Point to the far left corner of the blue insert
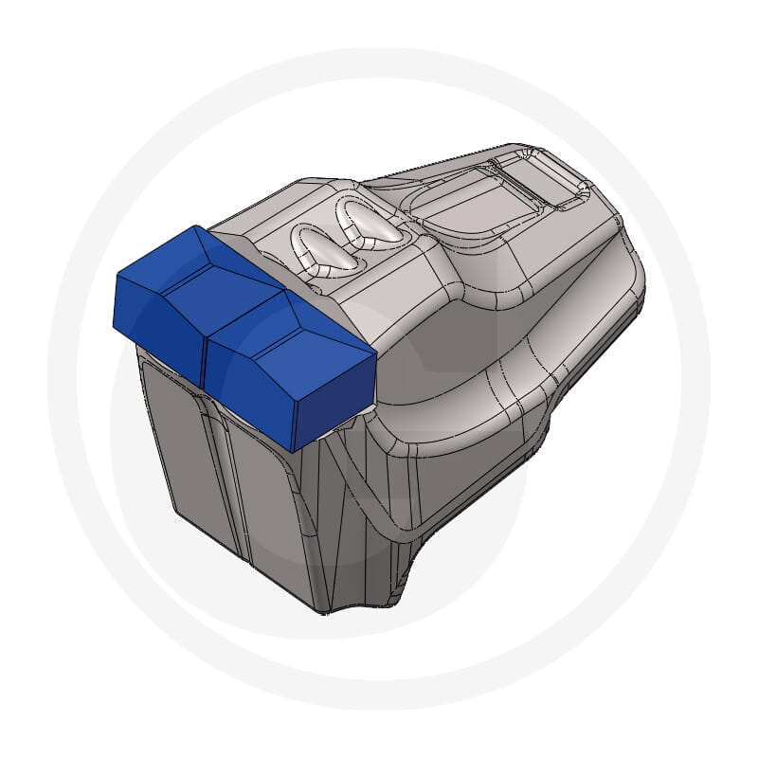[116, 277]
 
